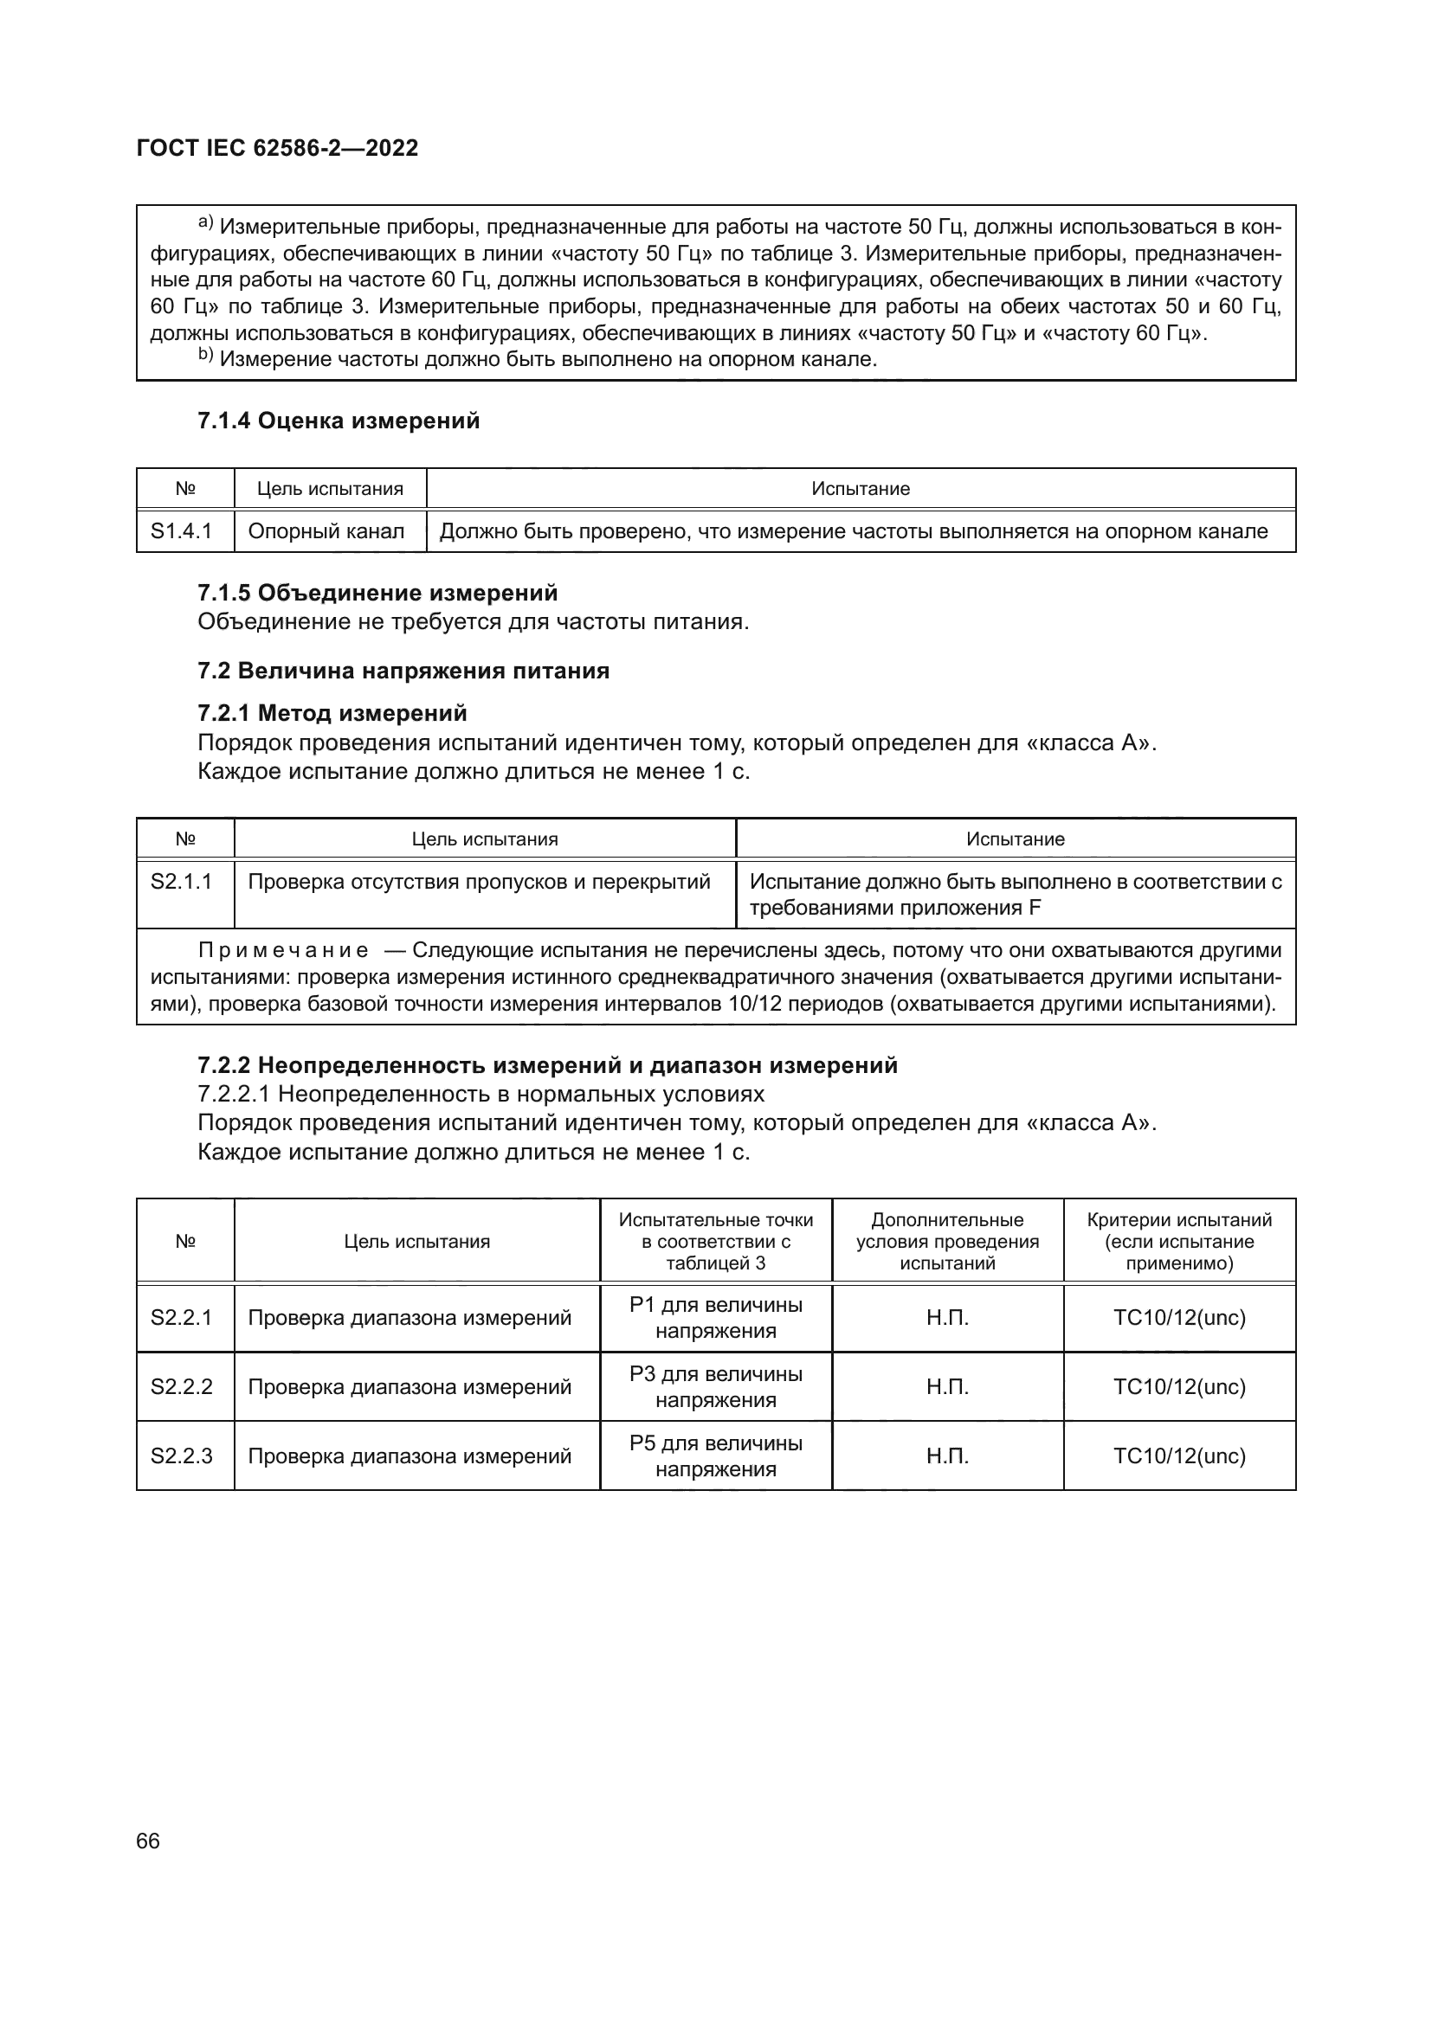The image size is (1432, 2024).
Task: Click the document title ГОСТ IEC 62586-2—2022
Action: tap(277, 148)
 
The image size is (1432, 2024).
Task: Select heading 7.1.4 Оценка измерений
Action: tap(339, 421)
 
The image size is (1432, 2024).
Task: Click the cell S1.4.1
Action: tap(182, 531)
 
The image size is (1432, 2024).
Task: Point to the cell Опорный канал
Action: tap(326, 531)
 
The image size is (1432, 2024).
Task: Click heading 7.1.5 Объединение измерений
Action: tap(377, 593)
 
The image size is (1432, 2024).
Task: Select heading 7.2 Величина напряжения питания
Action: tap(403, 671)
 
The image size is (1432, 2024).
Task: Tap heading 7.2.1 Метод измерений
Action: tap(332, 712)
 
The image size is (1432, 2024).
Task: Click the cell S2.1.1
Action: tap(182, 882)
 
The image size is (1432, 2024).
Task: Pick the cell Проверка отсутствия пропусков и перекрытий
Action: tap(479, 882)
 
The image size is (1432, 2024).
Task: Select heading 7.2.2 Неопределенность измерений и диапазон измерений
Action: tap(547, 1065)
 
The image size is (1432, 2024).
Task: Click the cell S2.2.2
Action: tap(182, 1386)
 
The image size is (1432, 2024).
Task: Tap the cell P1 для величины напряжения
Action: tap(716, 1317)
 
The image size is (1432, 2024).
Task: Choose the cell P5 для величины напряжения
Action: tap(716, 1455)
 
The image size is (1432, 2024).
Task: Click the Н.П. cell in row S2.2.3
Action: tap(947, 1455)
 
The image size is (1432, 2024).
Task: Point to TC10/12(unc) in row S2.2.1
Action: tap(1179, 1317)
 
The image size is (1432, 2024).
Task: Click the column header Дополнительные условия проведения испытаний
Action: tap(947, 1241)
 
